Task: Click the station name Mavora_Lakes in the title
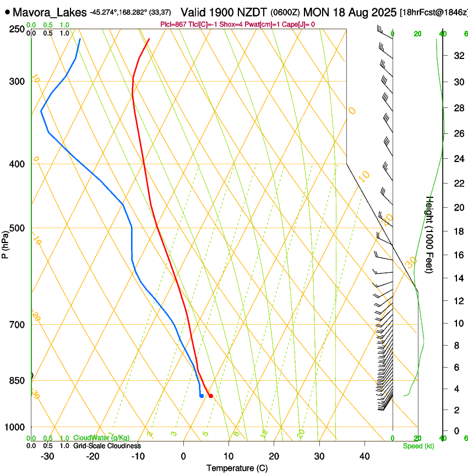click(x=50, y=12)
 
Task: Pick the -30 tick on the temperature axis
click(x=47, y=456)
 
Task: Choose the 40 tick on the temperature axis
click(x=364, y=456)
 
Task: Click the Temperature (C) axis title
click(x=237, y=468)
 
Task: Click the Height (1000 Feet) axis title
click(x=430, y=234)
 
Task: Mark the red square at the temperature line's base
click(x=210, y=396)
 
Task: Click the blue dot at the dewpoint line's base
click(x=202, y=396)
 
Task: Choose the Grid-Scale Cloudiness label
click(x=107, y=445)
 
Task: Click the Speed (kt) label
click(x=418, y=446)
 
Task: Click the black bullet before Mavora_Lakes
click(x=7, y=12)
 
